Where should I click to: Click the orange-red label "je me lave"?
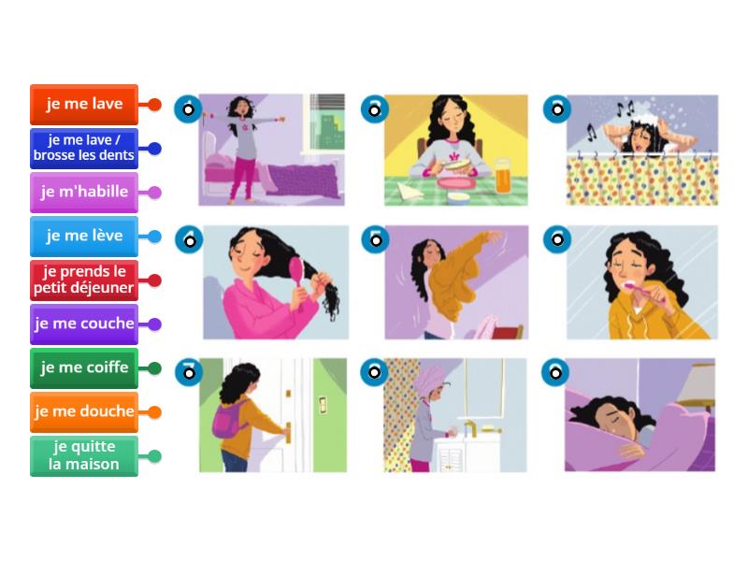[84, 105]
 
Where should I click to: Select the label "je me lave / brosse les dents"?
[84, 149]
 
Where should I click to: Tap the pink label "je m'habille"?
[84, 193]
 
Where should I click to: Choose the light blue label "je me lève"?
[84, 237]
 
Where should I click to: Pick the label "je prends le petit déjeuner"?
[84, 280]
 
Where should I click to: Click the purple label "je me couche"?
[84, 324]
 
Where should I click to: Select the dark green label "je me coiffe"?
[84, 367]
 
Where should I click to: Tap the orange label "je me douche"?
[84, 411]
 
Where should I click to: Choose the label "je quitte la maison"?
[84, 455]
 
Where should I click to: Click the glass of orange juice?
[502, 176]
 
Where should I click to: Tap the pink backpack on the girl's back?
[227, 420]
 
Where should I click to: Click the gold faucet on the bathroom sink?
[469, 428]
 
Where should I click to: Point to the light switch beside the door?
[323, 405]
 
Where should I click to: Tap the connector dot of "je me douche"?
[154, 412]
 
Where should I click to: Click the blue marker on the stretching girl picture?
[188, 109]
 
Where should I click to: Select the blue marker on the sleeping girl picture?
[555, 372]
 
